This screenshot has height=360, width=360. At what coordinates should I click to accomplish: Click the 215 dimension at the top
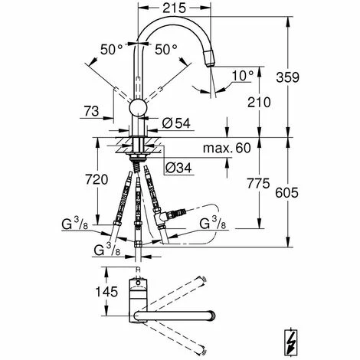[x=175, y=8]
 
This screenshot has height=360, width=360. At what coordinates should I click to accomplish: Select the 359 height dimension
[x=287, y=77]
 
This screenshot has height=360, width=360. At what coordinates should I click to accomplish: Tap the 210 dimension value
[x=259, y=103]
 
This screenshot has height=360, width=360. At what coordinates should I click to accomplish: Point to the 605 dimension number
[x=286, y=192]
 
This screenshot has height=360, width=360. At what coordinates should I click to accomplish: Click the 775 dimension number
[x=258, y=183]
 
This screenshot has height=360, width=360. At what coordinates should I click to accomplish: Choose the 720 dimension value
[x=97, y=179]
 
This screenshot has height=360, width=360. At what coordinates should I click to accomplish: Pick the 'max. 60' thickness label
[x=227, y=148]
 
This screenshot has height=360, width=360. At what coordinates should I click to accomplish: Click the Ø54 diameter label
[x=176, y=123]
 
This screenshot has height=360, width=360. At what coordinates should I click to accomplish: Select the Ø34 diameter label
[x=178, y=168]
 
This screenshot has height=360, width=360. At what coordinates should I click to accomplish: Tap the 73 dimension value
[x=91, y=111]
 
